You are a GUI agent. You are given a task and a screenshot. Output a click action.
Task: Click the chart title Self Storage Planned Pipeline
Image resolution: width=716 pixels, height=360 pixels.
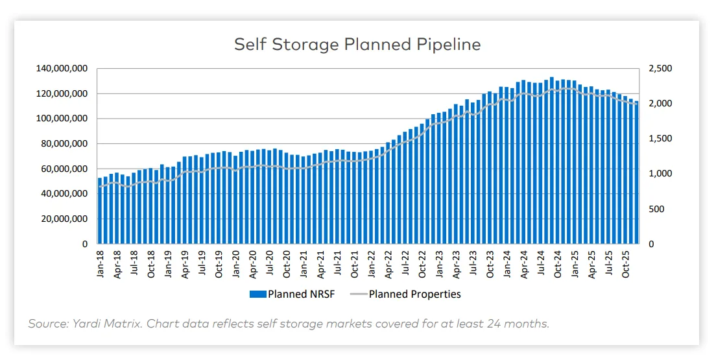[357, 44]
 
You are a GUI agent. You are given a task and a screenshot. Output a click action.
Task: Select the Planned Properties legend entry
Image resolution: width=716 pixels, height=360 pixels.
[414, 294]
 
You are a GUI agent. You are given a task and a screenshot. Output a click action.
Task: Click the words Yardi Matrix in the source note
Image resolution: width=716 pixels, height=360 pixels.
[99, 324]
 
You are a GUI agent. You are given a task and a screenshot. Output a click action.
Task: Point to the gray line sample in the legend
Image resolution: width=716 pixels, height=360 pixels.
[359, 294]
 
